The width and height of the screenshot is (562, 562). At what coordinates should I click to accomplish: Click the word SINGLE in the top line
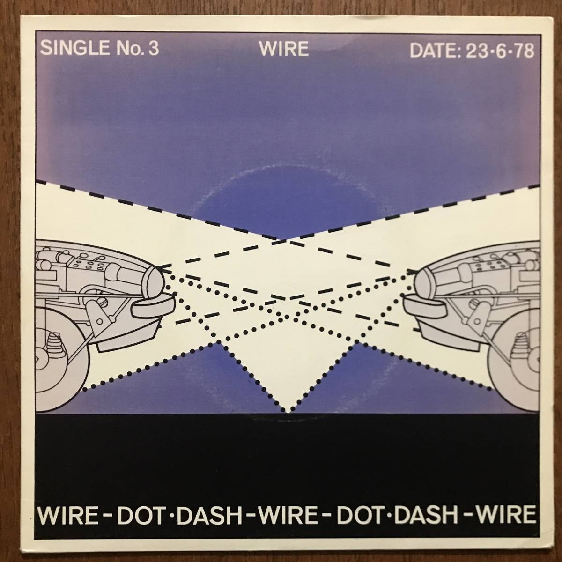(x=74, y=48)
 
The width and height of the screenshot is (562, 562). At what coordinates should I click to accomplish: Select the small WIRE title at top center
(x=284, y=48)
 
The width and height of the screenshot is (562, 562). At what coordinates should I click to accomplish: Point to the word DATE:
(x=435, y=50)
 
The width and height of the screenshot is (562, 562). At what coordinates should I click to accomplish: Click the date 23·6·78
(x=500, y=51)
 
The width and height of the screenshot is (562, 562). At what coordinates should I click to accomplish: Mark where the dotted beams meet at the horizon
(x=287, y=412)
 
